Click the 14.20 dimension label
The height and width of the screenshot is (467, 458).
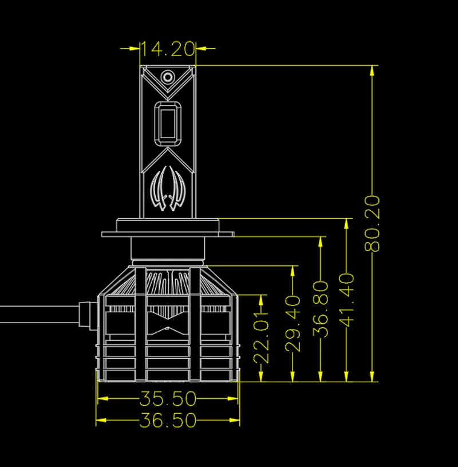tap(168, 49)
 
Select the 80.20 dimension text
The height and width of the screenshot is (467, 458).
tap(372, 223)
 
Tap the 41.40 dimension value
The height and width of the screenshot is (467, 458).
tap(347, 300)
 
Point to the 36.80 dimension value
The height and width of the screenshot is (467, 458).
tap(321, 309)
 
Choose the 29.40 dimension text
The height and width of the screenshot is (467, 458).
tap(293, 323)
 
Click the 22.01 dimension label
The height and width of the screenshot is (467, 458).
tap(261, 338)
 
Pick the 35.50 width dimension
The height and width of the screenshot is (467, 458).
tap(168, 398)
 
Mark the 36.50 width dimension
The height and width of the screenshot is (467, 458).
tap(168, 420)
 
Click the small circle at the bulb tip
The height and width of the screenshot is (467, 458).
tap(168, 77)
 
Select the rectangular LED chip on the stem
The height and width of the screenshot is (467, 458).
tap(168, 124)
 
